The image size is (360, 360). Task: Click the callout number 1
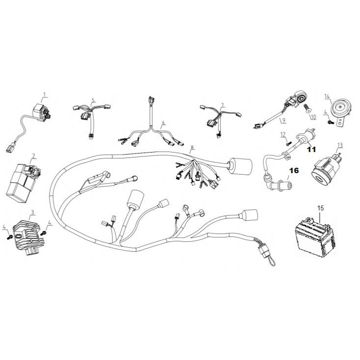click(45, 95)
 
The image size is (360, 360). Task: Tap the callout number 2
click(33, 156)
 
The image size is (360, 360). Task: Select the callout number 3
click(32, 212)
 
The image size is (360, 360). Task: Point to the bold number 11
click(311, 149)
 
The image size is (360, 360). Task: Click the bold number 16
click(294, 170)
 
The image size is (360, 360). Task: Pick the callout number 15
click(320, 208)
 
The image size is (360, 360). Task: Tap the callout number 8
click(192, 147)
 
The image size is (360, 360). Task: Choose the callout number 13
click(340, 145)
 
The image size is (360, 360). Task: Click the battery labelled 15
click(314, 237)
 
